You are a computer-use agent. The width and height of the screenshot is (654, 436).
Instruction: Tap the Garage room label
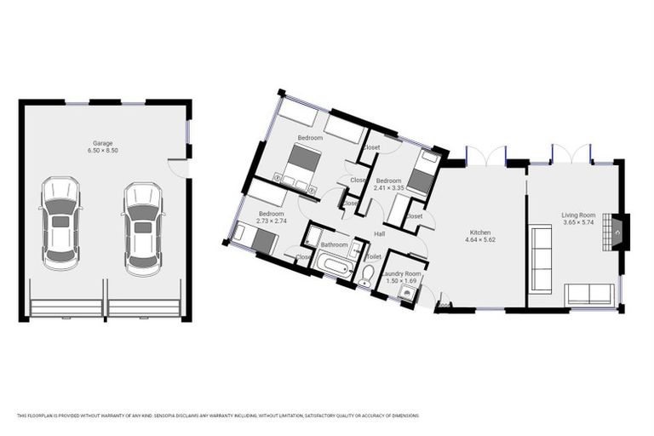coord(102,143)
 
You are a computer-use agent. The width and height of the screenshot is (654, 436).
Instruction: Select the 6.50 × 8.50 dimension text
coord(102,151)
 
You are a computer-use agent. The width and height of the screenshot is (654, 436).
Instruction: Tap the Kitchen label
coord(481,232)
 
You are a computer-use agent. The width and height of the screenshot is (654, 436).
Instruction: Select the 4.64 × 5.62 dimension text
coord(481,240)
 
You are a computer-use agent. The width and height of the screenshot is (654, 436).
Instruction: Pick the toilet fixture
coord(366,273)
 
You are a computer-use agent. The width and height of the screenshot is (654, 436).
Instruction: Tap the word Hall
coord(379,232)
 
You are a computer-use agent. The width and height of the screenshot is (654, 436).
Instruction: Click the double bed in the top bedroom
coord(301,164)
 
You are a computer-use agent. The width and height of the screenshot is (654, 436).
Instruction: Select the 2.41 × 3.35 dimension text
coord(388,189)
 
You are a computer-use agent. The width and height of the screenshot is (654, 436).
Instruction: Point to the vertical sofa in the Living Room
coord(541,259)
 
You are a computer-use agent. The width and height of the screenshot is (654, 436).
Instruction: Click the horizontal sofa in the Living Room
coord(588,295)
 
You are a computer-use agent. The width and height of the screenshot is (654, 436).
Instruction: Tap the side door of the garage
coord(178,167)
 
